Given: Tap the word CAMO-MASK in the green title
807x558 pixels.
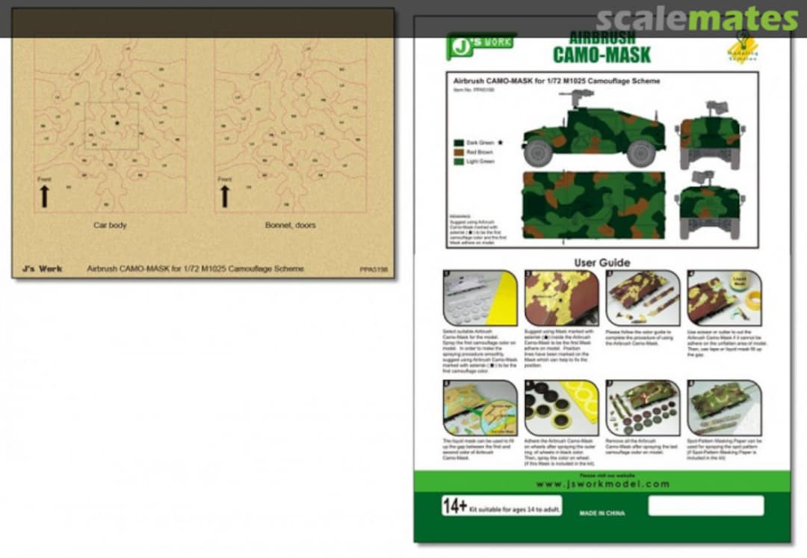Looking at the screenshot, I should click(602, 54).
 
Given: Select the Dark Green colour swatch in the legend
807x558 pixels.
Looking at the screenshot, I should click(457, 142).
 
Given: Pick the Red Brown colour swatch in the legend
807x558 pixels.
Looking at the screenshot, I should click(457, 152).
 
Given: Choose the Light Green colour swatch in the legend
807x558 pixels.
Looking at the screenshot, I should click(457, 162).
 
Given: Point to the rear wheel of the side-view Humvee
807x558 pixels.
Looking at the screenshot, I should click(640, 153).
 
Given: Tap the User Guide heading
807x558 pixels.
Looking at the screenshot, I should click(602, 263).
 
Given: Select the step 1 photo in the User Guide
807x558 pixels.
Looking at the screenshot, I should click(480, 298).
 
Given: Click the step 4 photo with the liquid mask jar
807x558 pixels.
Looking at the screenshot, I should click(724, 298).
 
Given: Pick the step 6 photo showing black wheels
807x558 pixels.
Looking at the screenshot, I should click(561, 408).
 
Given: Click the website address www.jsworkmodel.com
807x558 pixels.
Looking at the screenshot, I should click(602, 484).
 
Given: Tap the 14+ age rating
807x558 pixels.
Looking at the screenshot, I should click(455, 506).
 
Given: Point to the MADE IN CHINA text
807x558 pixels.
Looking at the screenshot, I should click(602, 513).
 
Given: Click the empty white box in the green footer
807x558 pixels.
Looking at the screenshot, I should click(705, 506).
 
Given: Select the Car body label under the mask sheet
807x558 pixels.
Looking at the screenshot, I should click(110, 225).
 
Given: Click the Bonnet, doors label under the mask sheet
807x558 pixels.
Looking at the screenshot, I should click(290, 225).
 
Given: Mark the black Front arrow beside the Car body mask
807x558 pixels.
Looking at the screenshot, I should click(44, 196).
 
